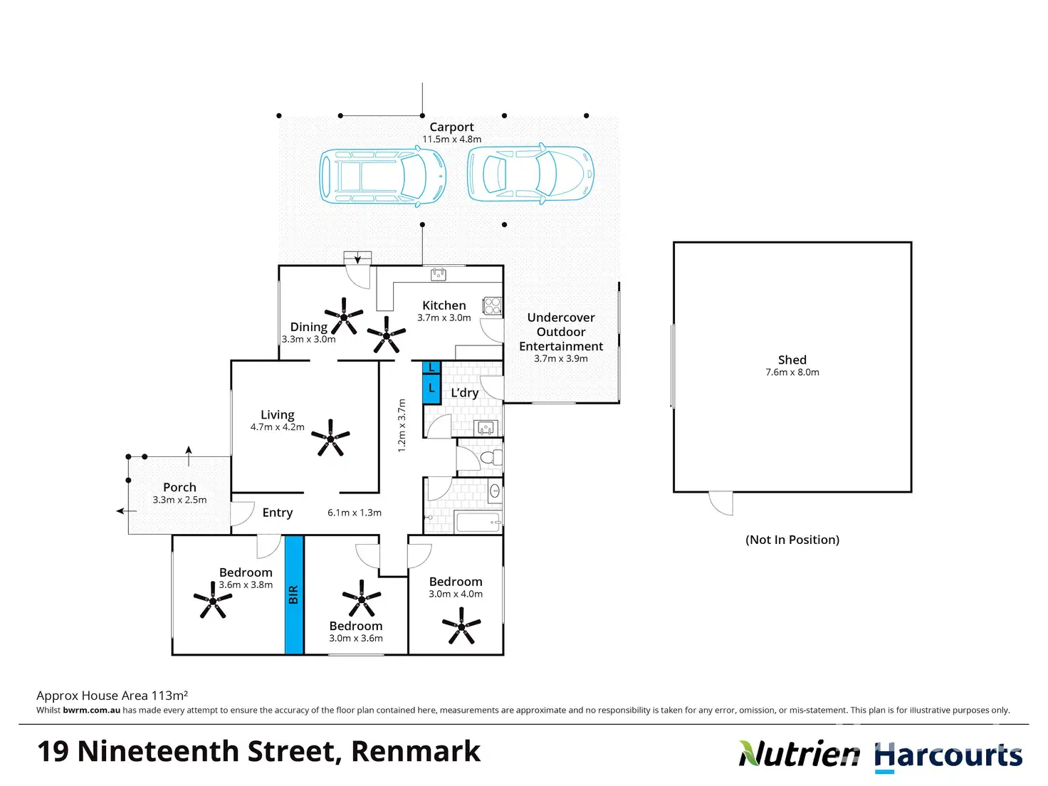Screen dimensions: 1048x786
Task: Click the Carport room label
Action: pos(451,127)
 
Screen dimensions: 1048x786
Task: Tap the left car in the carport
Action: pos(382,176)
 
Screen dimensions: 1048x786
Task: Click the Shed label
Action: pos(792,360)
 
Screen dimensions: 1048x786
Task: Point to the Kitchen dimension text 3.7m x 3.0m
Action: pos(444,318)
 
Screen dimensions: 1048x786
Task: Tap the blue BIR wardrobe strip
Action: pos(294,594)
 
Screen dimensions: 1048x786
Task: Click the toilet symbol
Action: pos(489,457)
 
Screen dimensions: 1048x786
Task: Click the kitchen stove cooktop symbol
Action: pos(492,306)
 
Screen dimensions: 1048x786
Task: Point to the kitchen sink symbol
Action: pos(439,273)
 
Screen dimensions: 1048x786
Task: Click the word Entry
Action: pos(277,513)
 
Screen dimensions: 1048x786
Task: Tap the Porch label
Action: pos(179,487)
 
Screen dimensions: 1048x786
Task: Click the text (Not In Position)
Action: pos(792,540)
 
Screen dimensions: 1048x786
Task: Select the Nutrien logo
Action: pos(799,754)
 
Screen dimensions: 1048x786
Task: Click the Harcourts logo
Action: pos(948,756)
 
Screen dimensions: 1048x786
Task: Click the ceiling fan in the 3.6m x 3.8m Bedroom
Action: pos(212,600)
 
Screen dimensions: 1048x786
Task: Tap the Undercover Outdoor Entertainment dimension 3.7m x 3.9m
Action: pos(561,359)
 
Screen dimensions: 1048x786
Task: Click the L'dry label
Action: pos(464,393)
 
